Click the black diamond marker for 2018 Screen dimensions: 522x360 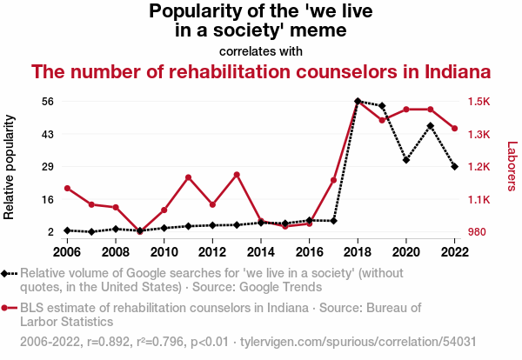click(358, 101)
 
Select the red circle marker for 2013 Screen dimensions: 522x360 click(237, 175)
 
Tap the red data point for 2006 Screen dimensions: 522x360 click(67, 189)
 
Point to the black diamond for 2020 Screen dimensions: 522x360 click(406, 160)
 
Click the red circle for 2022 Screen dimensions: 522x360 click(454, 129)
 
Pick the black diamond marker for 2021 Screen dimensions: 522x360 click(431, 126)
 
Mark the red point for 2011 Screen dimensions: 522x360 click(189, 177)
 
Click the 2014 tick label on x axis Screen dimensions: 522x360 click(261, 252)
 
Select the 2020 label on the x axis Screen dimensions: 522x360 click(406, 252)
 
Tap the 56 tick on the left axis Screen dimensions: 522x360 click(48, 101)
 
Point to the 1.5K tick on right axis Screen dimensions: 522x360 click(479, 101)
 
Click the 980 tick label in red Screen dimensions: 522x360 click(477, 231)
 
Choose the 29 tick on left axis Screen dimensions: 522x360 click(48, 166)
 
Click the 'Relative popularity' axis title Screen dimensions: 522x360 click(9, 167)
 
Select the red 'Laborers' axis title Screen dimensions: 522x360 click(512, 166)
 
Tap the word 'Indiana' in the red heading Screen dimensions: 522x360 click(458, 71)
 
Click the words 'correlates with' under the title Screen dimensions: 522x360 click(261, 51)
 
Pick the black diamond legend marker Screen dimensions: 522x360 click(4, 274)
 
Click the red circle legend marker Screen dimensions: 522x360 click(4, 308)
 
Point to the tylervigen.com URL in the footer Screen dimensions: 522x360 click(358, 342)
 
